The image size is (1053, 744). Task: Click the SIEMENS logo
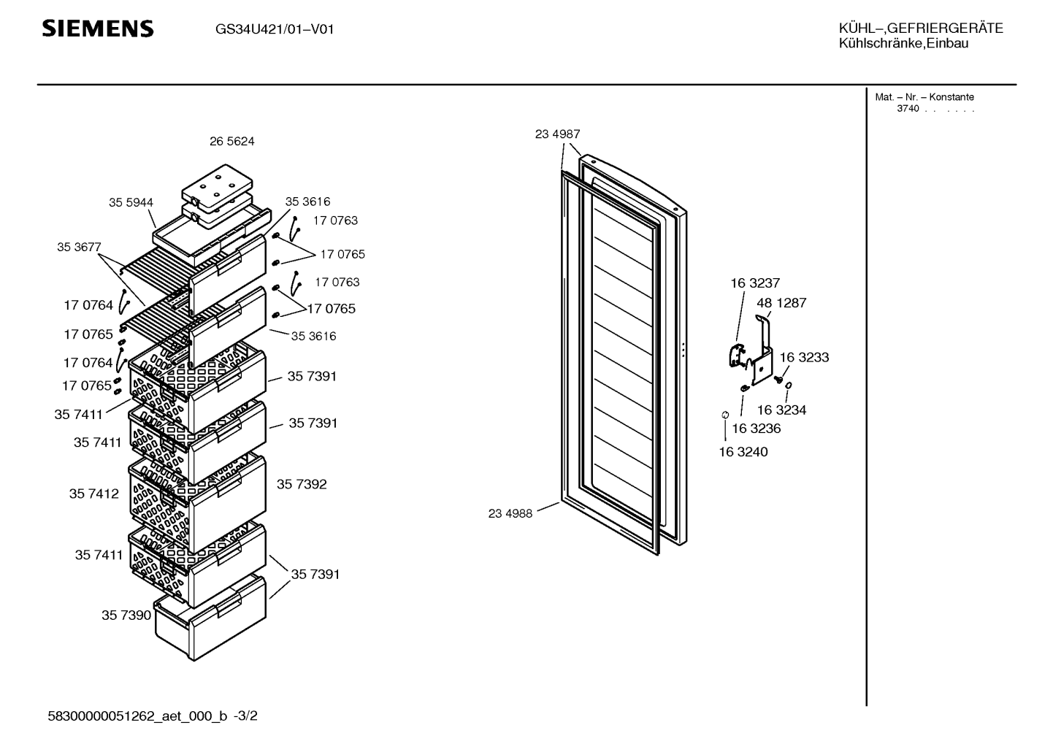coord(98,28)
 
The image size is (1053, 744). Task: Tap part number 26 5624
coord(231,142)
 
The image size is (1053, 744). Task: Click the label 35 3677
coord(79,247)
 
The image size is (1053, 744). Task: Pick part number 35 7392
coord(302,484)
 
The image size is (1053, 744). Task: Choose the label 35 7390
coord(126,615)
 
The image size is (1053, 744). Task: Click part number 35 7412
coord(94,494)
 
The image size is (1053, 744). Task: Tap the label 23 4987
coord(557,134)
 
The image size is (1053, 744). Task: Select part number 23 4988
coord(510,513)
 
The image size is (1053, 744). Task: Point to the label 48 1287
coord(781,303)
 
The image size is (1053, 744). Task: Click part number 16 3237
coord(755,283)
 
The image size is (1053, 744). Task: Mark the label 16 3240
coord(743,452)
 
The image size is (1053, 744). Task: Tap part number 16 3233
coord(804,357)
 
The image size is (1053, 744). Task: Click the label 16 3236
coord(757,429)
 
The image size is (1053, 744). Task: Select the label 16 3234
coord(781,410)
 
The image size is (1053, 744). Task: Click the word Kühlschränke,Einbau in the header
coord(904,44)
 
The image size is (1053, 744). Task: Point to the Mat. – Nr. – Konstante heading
coord(924,97)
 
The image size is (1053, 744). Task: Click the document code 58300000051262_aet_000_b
coord(137,716)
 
